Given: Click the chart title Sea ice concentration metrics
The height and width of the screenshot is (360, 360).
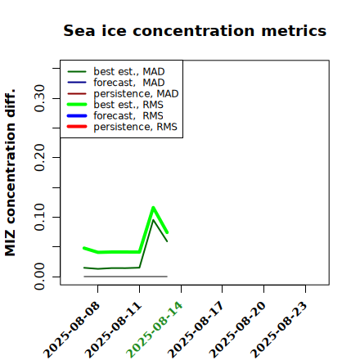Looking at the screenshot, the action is click(195, 30).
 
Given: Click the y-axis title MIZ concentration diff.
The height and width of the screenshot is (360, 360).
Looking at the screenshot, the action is click(10, 173).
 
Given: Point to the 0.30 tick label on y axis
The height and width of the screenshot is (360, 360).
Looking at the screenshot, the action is click(39, 98).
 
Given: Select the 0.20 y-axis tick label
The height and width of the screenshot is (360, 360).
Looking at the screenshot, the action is click(39, 158).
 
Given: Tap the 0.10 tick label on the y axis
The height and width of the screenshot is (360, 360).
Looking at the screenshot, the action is click(39, 217).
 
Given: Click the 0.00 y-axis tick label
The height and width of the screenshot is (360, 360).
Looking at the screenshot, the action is click(39, 277).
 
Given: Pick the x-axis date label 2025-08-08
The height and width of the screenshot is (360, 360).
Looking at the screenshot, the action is click(71, 330).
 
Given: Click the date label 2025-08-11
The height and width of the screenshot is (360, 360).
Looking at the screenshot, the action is click(113, 330).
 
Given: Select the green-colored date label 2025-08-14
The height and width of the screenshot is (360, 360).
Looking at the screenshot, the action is click(155, 330).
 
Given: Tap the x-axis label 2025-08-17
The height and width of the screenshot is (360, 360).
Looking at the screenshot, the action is click(196, 330).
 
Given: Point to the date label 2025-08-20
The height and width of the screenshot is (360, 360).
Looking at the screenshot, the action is click(237, 330).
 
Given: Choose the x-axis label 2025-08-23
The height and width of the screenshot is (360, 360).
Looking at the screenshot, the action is click(279, 330).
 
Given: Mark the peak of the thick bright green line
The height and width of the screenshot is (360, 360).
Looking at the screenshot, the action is click(153, 208).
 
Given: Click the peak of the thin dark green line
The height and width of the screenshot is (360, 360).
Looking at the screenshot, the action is click(153, 220).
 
